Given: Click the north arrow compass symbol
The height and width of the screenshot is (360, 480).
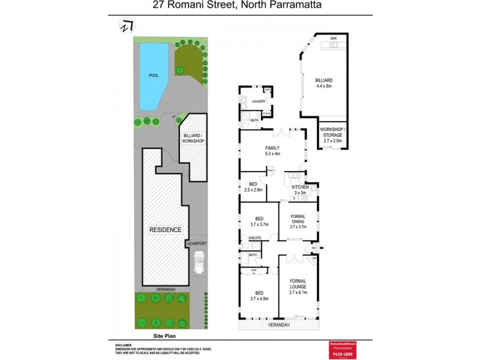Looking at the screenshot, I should point(126,26).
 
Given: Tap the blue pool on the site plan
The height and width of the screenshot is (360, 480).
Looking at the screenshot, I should point(152,77).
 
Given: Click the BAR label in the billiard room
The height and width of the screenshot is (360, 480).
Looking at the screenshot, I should point(334,38).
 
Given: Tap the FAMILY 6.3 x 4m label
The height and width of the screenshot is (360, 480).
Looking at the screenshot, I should point(273,151).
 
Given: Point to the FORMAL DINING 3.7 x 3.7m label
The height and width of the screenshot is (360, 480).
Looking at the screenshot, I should point(298,221).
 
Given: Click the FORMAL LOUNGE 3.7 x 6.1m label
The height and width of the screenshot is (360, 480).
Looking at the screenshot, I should point(298,288).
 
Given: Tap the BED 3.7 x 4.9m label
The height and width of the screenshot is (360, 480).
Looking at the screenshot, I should point(258,294).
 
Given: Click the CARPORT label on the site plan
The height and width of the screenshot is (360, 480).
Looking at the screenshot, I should point(198,244).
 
